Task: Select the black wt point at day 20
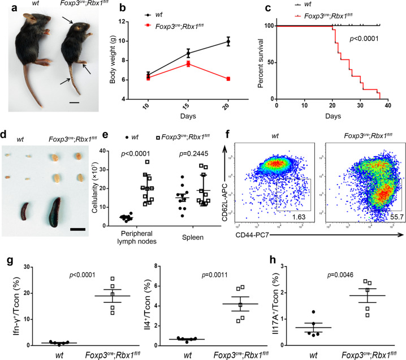[x=228, y=41]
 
